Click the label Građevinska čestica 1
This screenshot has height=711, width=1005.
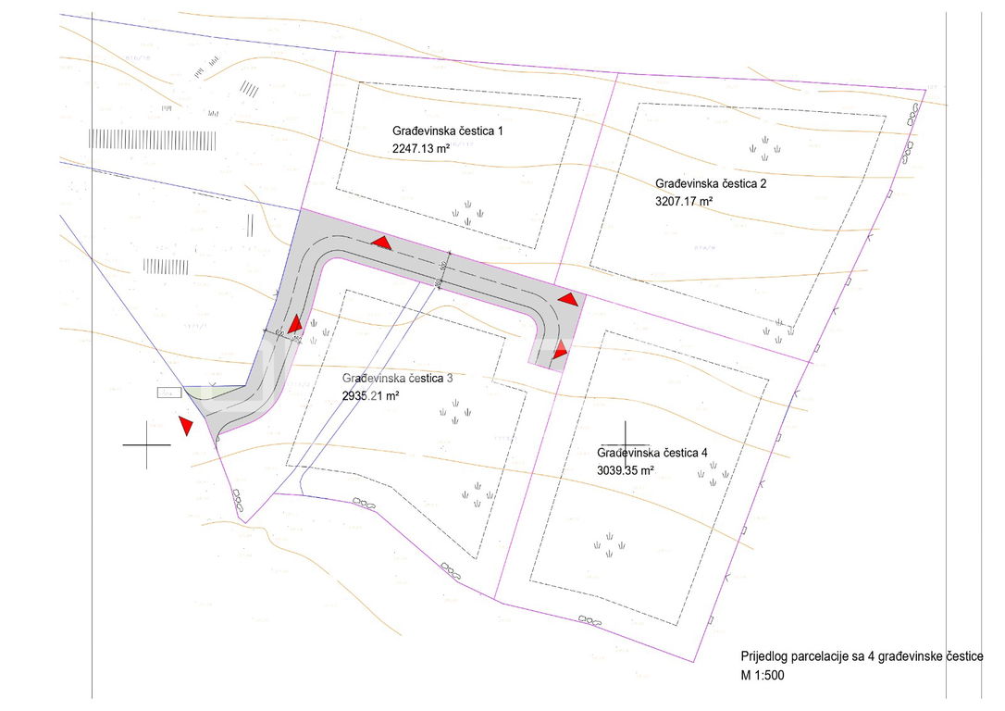pos(448,132)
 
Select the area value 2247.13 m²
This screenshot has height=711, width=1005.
pos(421,148)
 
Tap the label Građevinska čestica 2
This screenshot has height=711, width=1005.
pos(711,183)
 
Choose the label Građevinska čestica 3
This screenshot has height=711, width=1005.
pos(397,379)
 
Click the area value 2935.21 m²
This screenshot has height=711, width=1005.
pos(370,395)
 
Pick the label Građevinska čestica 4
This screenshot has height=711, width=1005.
pos(652,453)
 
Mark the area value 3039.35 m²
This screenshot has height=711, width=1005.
pos(626,469)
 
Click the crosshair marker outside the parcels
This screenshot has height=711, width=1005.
pos(147,445)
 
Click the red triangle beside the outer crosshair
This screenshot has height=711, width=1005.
pos(185,425)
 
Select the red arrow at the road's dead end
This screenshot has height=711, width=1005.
pos(561,350)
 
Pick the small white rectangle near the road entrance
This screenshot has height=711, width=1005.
pos(168,393)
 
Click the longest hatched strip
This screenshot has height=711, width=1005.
pos(153,140)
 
